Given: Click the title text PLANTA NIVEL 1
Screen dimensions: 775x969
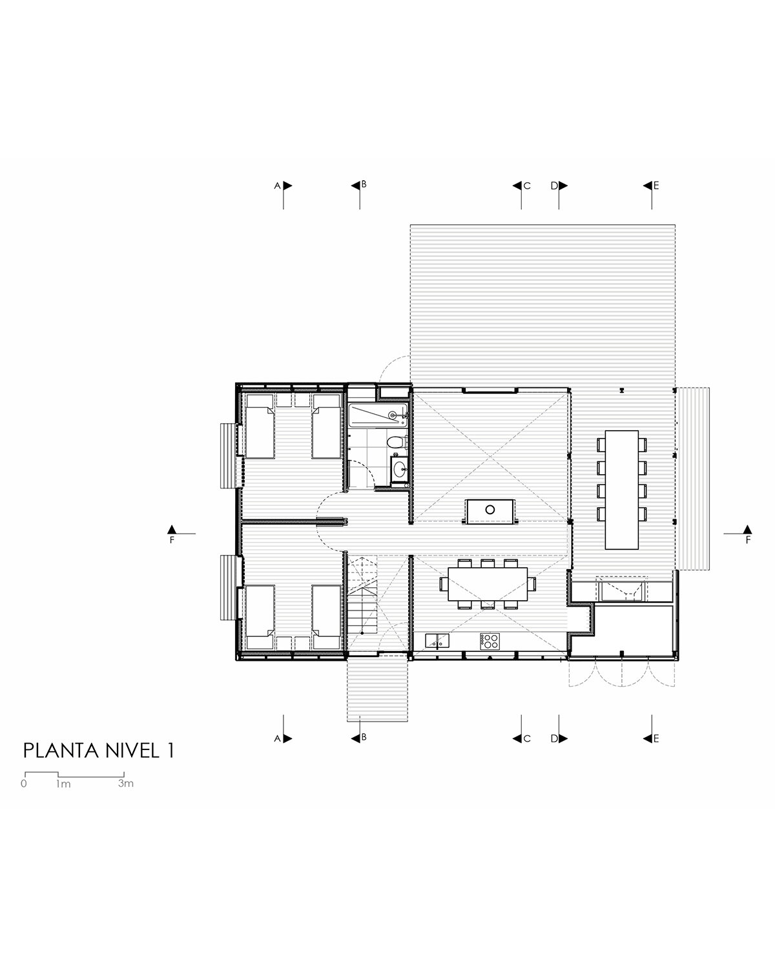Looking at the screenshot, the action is pyautogui.click(x=98, y=751).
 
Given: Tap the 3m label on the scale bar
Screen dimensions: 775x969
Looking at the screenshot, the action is pyautogui.click(x=126, y=783).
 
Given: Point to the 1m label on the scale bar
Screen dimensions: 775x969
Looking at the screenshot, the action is pyautogui.click(x=63, y=784).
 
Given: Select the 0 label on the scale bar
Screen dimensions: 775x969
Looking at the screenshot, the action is pyautogui.click(x=24, y=784).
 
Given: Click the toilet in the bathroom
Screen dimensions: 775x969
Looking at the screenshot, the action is pyautogui.click(x=395, y=442).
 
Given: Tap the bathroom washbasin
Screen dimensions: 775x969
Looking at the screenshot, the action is pyautogui.click(x=399, y=470).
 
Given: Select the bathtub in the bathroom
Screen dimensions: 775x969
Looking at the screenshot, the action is pyautogui.click(x=378, y=415).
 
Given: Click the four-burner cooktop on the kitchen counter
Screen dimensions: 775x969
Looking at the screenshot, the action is pyautogui.click(x=489, y=641).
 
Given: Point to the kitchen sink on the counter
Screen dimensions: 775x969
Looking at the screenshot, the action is pyautogui.click(x=437, y=640).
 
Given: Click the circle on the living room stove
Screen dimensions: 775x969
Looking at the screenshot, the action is pyautogui.click(x=490, y=509).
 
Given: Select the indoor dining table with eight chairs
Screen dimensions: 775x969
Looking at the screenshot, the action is pyautogui.click(x=488, y=584).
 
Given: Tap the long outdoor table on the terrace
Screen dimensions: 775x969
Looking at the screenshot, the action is pyautogui.click(x=621, y=490).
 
